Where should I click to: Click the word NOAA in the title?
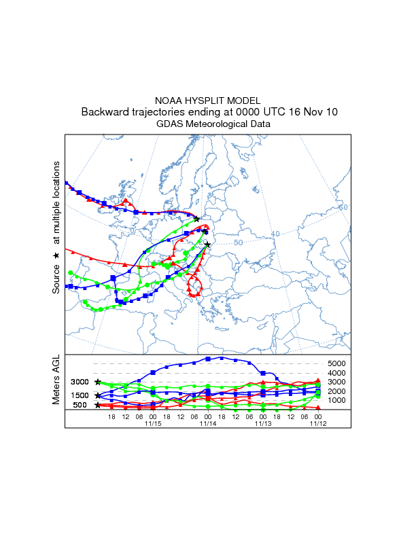click(169, 101)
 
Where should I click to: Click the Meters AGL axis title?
click(56, 380)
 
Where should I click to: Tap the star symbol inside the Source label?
click(56, 255)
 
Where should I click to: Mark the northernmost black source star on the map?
click(196, 219)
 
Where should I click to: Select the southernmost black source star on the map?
click(207, 245)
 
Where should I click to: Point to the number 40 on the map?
click(275, 234)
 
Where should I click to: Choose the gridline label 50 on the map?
click(238, 243)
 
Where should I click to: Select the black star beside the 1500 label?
click(98, 395)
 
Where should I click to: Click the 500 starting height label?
click(80, 405)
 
